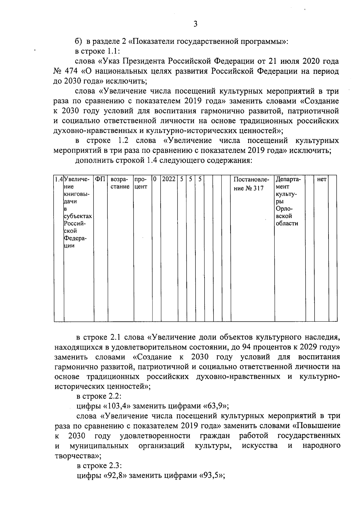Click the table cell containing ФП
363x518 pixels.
click(x=100, y=179)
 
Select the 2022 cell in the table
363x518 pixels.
click(x=168, y=179)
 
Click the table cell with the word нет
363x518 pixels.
click(x=322, y=179)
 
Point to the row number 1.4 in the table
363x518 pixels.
click(x=59, y=179)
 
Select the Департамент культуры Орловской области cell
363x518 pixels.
click(x=289, y=201)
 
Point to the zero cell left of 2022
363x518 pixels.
click(x=155, y=179)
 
